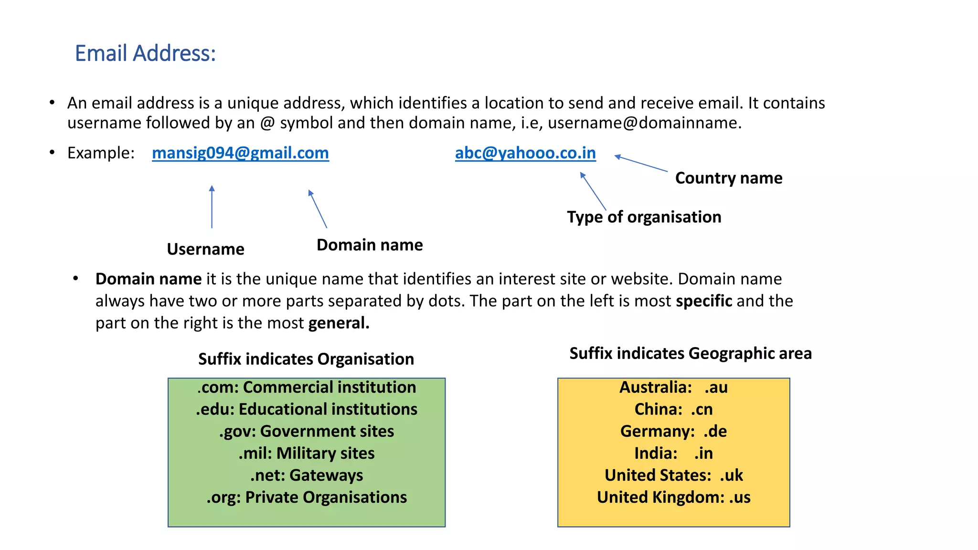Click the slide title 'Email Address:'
click(x=145, y=53)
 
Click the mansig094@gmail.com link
click(x=240, y=153)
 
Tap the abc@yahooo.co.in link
click(x=525, y=153)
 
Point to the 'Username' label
click(x=205, y=249)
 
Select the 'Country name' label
click(x=729, y=178)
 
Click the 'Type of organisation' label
click(x=644, y=217)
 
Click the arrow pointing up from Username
click(x=212, y=207)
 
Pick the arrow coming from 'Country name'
click(x=641, y=163)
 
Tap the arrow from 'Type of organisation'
click(x=593, y=191)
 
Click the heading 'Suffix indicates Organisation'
click(x=306, y=359)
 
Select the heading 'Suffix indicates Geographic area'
click(x=691, y=353)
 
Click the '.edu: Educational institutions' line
click(x=307, y=409)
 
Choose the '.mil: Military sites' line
click(x=307, y=453)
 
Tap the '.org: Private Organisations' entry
click(x=307, y=497)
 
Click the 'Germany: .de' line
click(x=673, y=431)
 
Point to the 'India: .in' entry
click(x=673, y=453)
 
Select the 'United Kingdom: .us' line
click(x=673, y=497)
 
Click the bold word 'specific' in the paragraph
click(x=704, y=301)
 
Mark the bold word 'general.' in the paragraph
click(x=339, y=323)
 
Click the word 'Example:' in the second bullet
click(x=101, y=153)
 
